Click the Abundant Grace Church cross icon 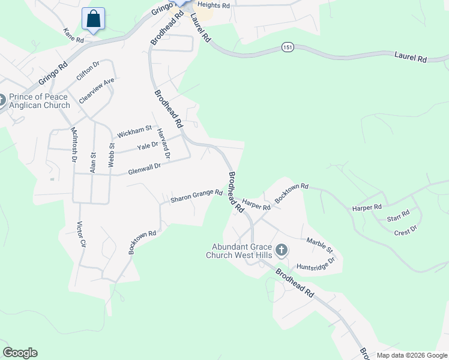click(x=280, y=250)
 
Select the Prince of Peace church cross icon click(x=1, y=100)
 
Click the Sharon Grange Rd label click(x=196, y=196)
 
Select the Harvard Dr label click(x=163, y=144)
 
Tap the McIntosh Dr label click(x=74, y=145)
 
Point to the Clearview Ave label click(x=96, y=91)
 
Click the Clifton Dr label click(x=87, y=73)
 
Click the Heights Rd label click(x=214, y=5)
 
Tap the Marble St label click(x=319, y=245)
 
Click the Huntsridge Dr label click(x=315, y=264)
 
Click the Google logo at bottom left click(x=20, y=353)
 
